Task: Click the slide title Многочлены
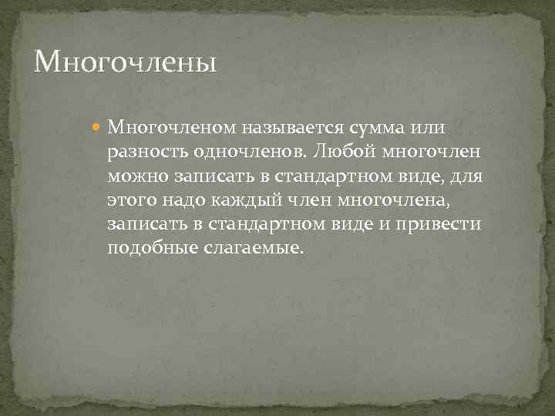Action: [125, 61]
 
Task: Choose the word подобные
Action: [149, 250]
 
